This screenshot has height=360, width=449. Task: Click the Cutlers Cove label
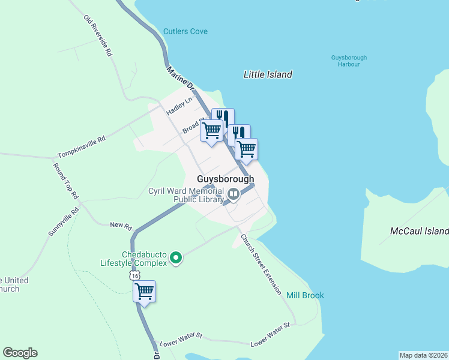185,31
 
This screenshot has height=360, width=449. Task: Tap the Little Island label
268,74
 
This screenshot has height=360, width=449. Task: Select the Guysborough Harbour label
349,61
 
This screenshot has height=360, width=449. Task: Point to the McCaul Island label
419,231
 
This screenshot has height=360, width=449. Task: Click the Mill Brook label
305,295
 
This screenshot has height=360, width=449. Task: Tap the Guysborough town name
226,179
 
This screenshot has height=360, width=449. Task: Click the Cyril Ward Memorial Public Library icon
233,194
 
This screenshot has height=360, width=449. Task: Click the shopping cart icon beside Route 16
144,292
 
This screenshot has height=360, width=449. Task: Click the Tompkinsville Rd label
82,146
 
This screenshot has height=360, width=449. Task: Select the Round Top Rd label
66,181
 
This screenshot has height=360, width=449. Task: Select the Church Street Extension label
261,263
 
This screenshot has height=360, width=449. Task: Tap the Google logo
20,353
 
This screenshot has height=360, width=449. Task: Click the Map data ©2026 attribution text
423,355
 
